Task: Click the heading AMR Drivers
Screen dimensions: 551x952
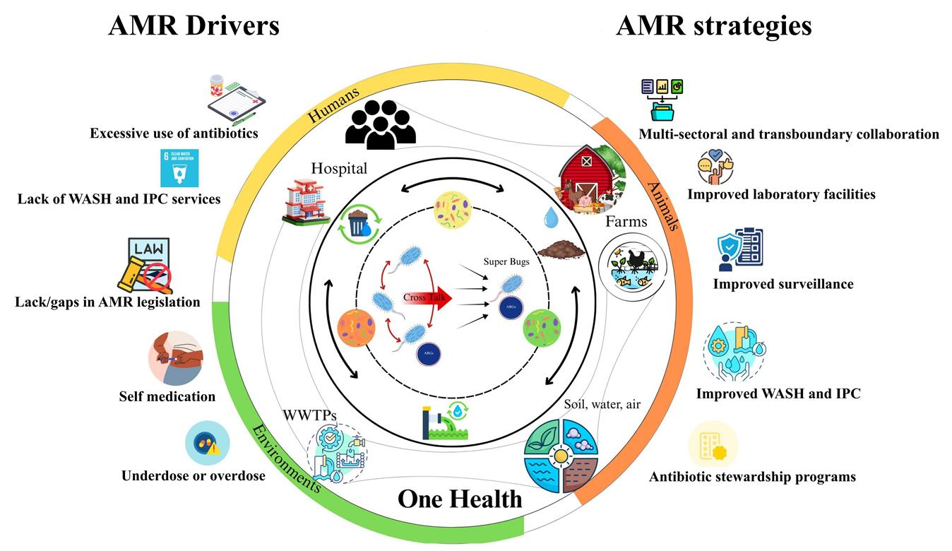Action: pos(194,26)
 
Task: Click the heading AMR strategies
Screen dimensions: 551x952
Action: pos(713,26)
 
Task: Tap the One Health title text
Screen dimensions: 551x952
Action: pos(460,499)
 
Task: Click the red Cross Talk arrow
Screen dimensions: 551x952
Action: pos(427,297)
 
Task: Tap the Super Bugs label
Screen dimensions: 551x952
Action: pos(506,261)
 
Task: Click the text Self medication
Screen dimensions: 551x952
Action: pos(167,396)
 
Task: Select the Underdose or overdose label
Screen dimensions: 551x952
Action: pos(194,475)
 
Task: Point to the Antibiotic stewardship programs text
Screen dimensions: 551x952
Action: pos(752,477)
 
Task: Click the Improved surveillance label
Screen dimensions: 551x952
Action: pos(783,284)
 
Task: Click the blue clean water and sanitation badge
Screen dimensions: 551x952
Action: pos(181,168)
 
